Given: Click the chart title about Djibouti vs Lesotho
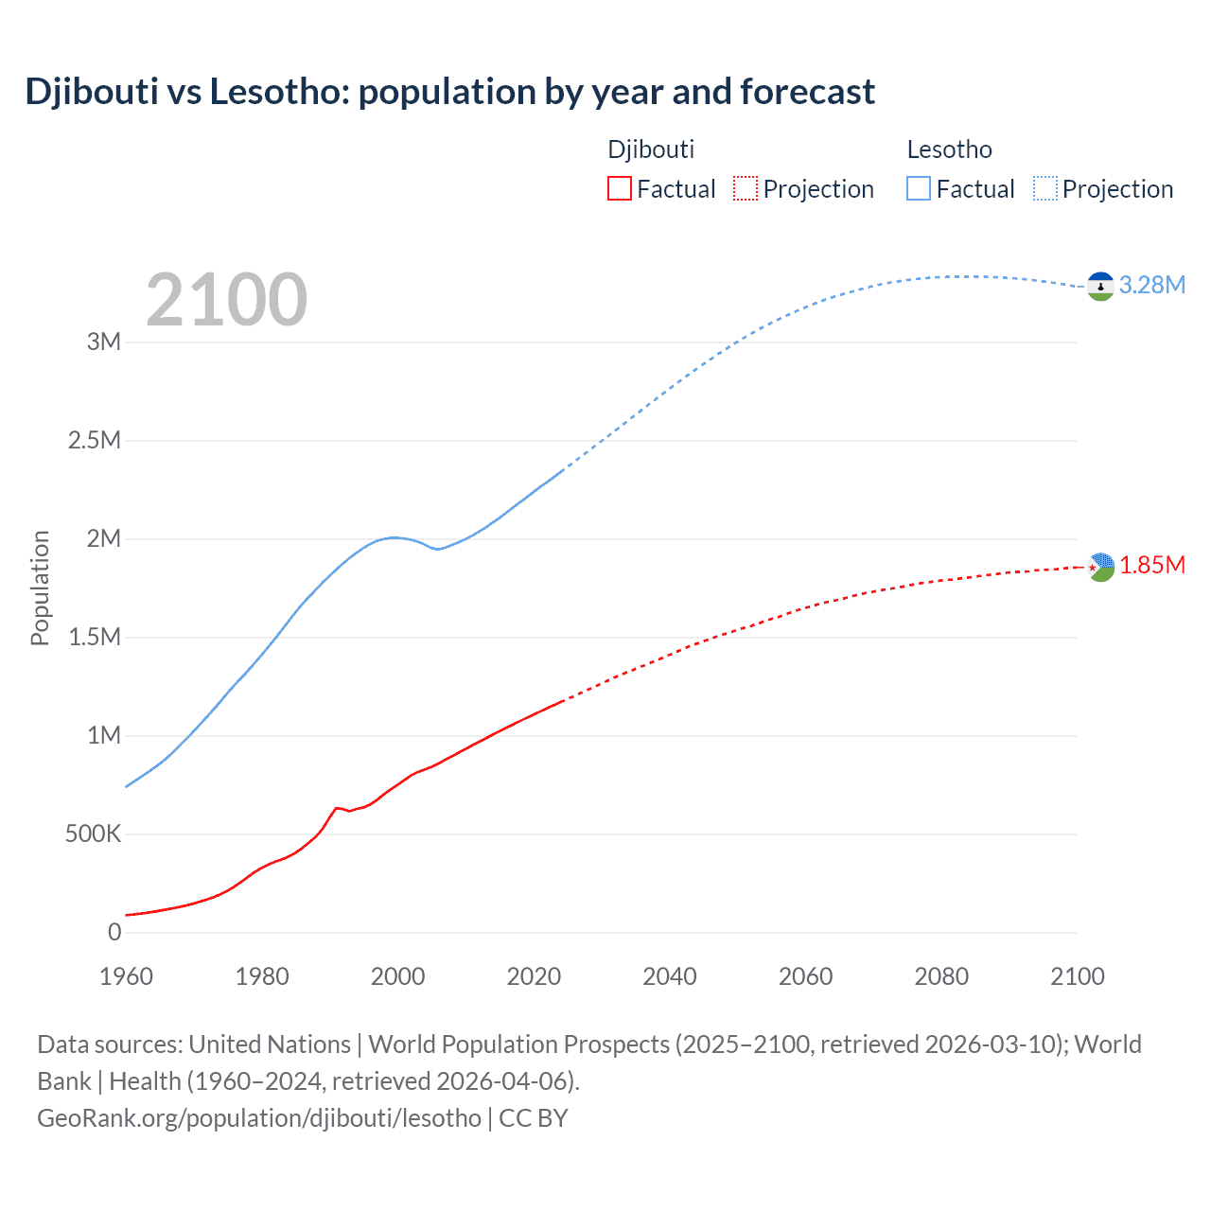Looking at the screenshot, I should [x=449, y=92].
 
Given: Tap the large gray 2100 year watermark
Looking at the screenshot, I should [x=226, y=300].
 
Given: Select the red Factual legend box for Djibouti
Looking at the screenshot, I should [x=620, y=188].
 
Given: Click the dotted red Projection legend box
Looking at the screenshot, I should [x=746, y=188].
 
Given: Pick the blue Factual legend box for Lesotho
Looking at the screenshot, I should [x=919, y=188].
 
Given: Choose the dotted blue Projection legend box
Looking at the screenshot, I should [x=1044, y=188].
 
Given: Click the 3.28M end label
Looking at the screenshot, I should [x=1151, y=285].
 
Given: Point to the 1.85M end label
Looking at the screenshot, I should [x=1151, y=565].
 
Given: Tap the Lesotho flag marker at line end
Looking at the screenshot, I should [x=1100, y=286].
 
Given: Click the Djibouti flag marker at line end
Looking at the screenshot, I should [x=1100, y=567].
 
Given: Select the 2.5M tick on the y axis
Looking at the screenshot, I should [x=95, y=440].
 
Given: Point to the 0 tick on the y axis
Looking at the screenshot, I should [x=114, y=932].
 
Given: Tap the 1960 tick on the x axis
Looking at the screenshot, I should [x=126, y=976].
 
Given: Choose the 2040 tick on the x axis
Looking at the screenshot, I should [x=670, y=976].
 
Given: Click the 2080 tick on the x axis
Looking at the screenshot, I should [x=941, y=976].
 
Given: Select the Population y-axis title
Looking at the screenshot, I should [x=40, y=588].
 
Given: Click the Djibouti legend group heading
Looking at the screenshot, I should [x=651, y=149].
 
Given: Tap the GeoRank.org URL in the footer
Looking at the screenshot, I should [x=259, y=1117].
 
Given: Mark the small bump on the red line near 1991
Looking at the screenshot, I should [x=337, y=808].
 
